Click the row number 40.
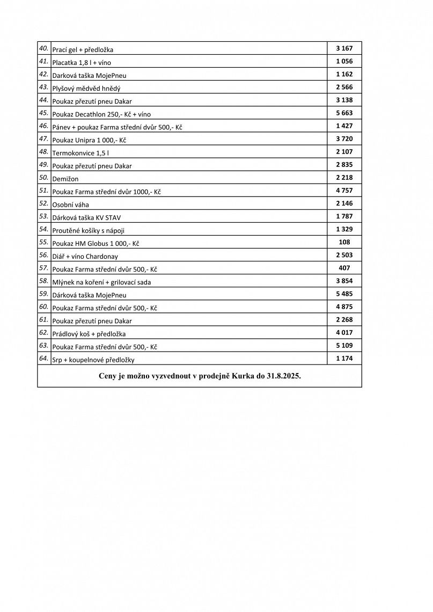(x=43, y=48)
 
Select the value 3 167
(x=344, y=48)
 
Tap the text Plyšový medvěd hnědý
(x=86, y=88)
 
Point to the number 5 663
(x=344, y=113)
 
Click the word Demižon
(x=65, y=179)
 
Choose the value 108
(x=344, y=242)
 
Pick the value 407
(x=344, y=268)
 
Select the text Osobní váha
(x=71, y=205)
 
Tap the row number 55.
(x=43, y=242)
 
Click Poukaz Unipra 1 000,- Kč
(x=89, y=140)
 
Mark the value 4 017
(x=344, y=332)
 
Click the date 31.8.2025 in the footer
(x=282, y=376)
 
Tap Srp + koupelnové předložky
(x=93, y=359)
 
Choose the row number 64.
(x=43, y=358)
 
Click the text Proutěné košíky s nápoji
(x=89, y=230)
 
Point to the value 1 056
(x=344, y=61)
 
